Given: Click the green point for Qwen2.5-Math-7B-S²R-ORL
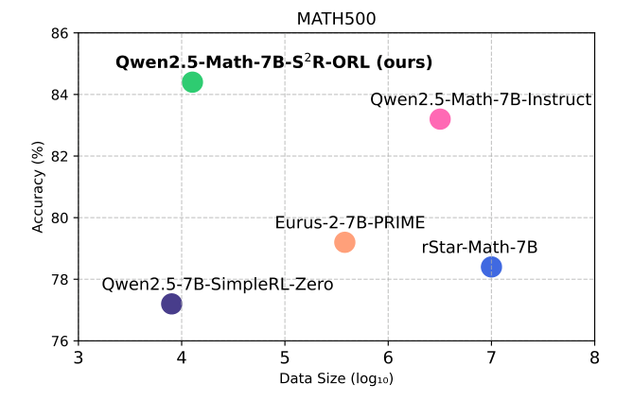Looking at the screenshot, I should click(x=192, y=82).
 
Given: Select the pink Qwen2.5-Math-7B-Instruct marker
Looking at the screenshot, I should click(x=440, y=119).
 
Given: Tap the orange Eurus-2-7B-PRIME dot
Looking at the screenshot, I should click(x=344, y=242).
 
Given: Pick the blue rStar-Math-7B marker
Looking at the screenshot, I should click(x=491, y=267).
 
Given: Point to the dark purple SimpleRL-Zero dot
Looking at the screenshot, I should click(x=171, y=304).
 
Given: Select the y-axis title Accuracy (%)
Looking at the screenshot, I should click(x=39, y=186).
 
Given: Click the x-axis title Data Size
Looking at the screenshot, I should click(x=336, y=379).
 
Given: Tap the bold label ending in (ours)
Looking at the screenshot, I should click(x=273, y=62).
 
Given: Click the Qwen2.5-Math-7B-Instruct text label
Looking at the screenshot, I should click(x=481, y=99).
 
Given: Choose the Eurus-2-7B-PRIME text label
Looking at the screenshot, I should click(x=350, y=223).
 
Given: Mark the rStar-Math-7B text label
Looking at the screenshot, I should click(x=480, y=248).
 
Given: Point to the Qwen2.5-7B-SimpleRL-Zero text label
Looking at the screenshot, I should click(x=218, y=284).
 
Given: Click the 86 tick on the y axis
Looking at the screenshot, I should click(x=60, y=33).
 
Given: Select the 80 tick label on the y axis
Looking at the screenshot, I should click(x=60, y=218).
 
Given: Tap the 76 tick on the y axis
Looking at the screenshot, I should click(x=60, y=341).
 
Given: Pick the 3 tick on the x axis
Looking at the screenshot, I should click(x=79, y=358).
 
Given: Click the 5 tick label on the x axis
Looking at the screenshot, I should click(x=285, y=358).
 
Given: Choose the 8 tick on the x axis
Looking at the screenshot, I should click(x=594, y=358).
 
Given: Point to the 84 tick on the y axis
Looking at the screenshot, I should click(x=60, y=95).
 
